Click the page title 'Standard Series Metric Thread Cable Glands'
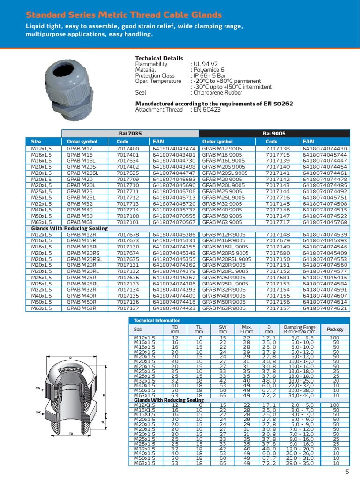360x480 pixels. (124, 15)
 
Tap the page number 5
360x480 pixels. (347, 472)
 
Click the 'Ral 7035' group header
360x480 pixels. (130, 134)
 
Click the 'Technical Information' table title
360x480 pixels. (157, 320)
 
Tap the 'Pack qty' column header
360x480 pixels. (335, 329)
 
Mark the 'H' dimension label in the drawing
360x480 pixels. (104, 395)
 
